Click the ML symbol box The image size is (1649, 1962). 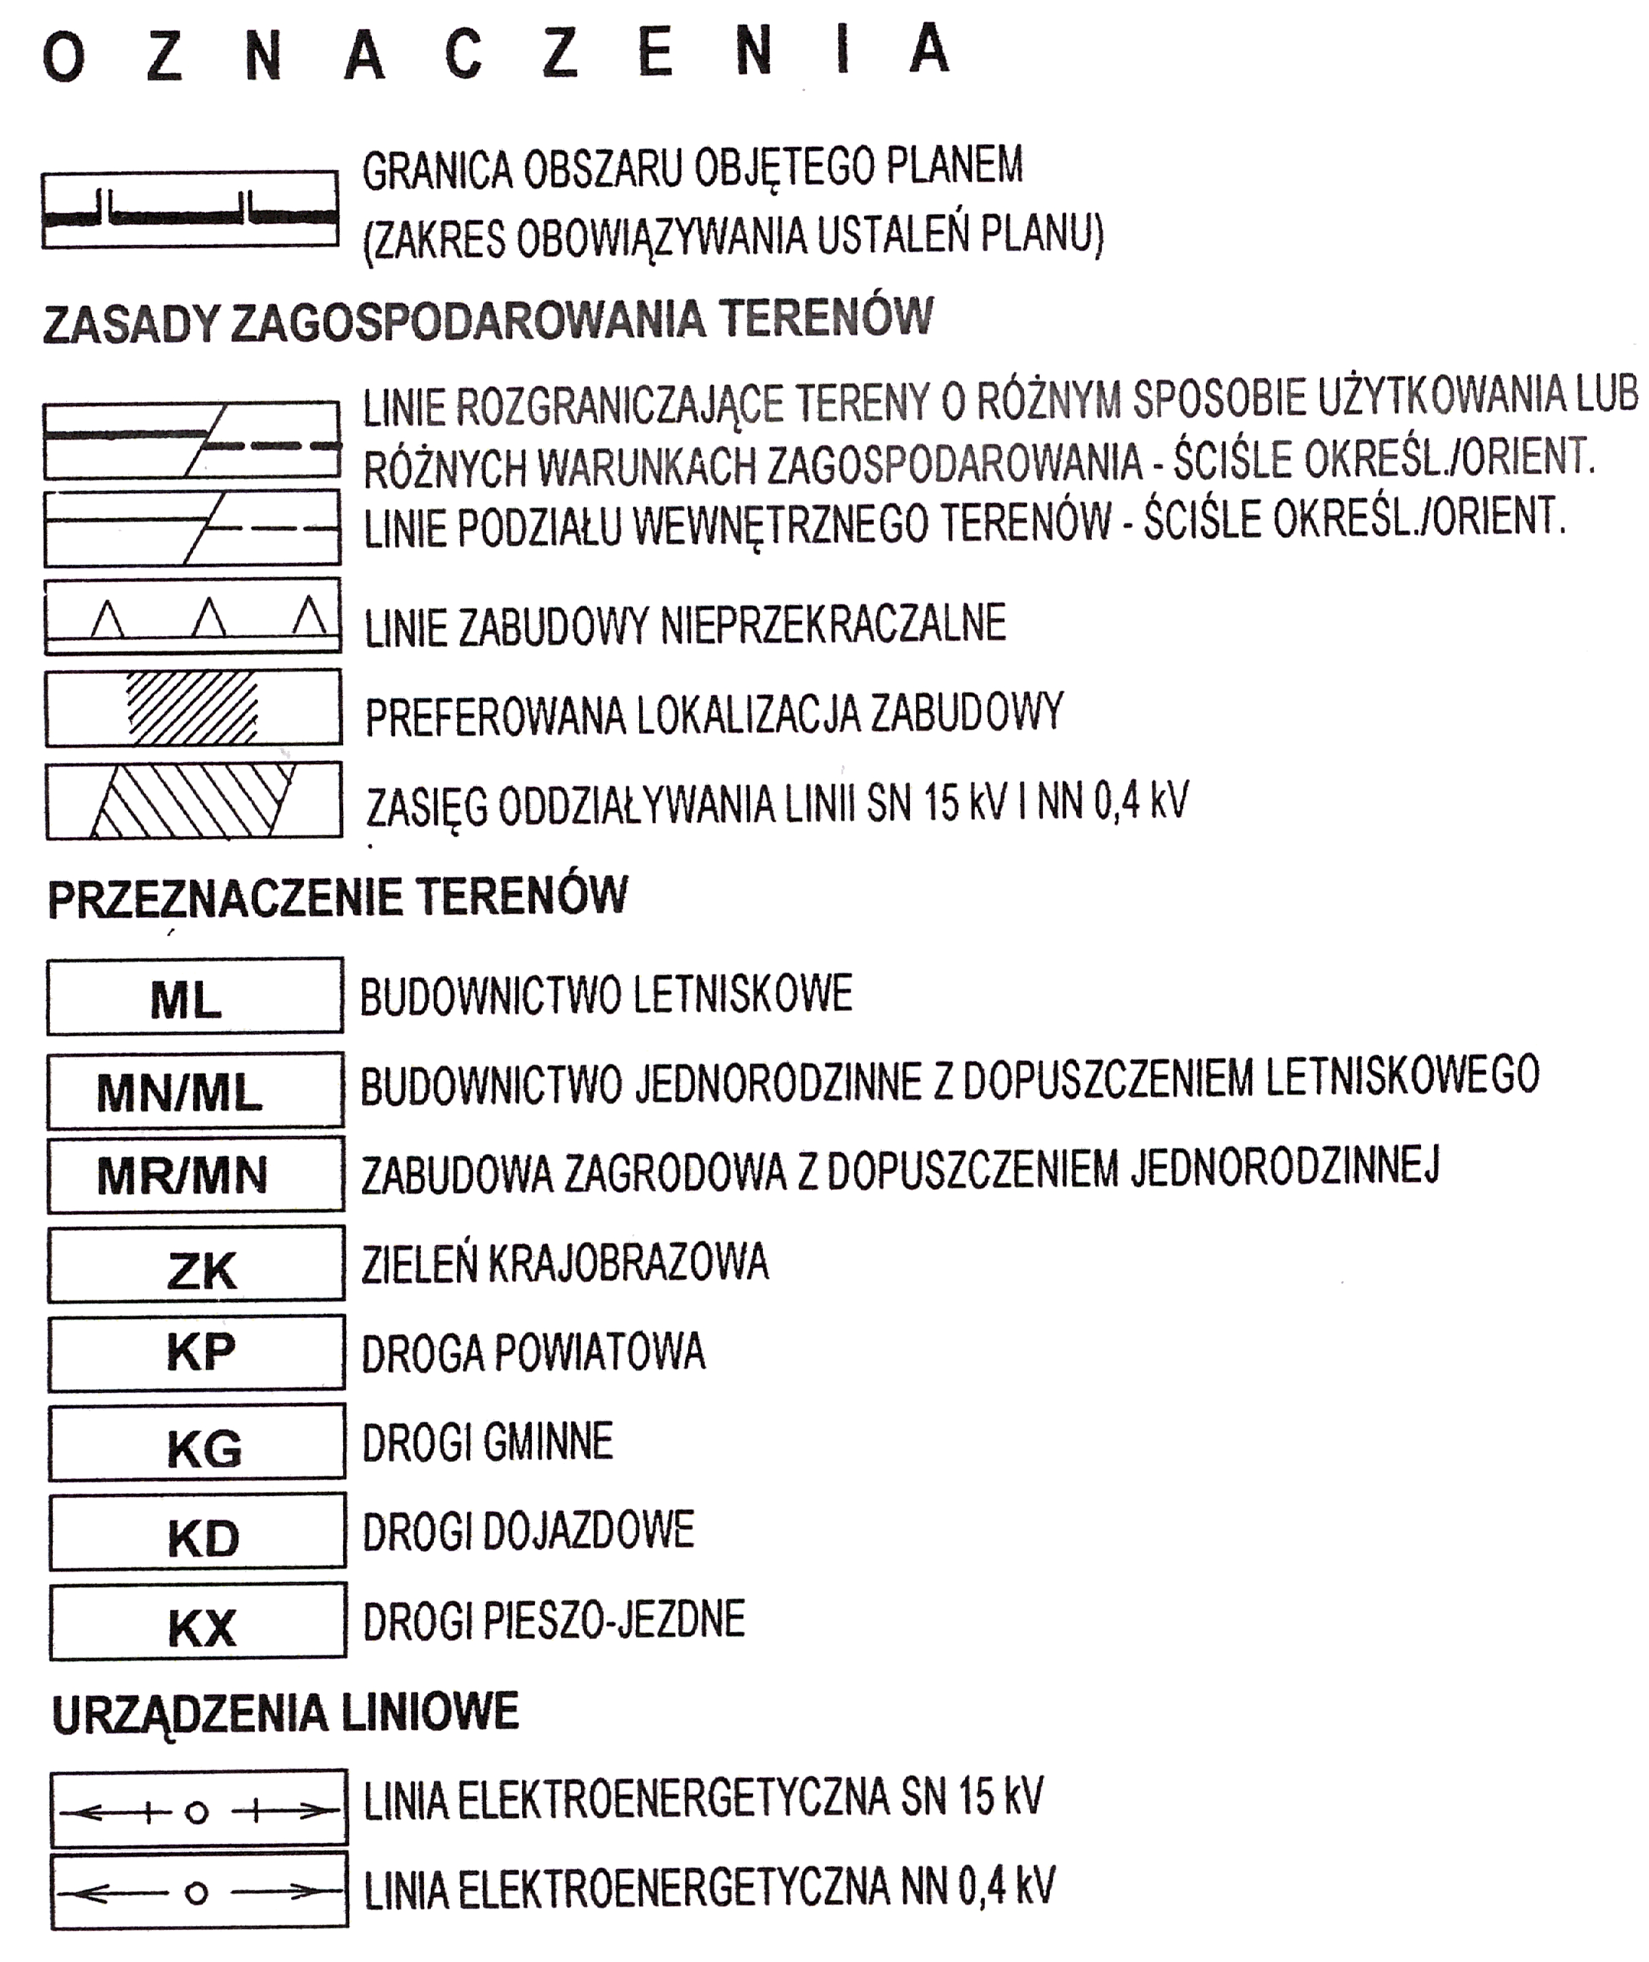pyautogui.click(x=194, y=996)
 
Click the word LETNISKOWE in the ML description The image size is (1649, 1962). pyautogui.click(x=743, y=994)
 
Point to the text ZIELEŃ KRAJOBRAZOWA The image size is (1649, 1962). pyautogui.click(x=564, y=1263)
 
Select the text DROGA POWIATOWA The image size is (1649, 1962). pyautogui.click(x=533, y=1352)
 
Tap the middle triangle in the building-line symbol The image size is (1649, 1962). pyautogui.click(x=208, y=619)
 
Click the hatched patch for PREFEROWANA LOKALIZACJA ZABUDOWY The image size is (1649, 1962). pyautogui.click(x=192, y=708)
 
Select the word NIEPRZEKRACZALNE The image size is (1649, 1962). pyautogui.click(x=833, y=624)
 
